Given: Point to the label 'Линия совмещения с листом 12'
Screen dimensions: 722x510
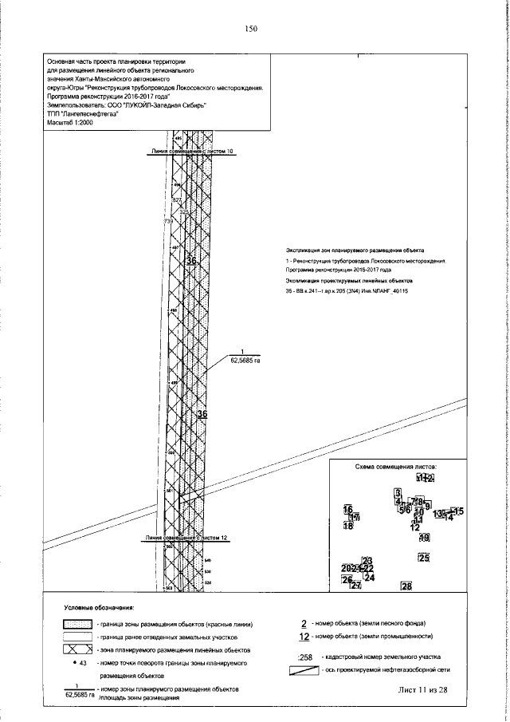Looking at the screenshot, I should [x=186, y=539].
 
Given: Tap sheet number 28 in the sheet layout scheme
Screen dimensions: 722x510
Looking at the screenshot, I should [x=406, y=587].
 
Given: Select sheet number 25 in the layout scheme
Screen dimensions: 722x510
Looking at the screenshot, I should [x=423, y=558].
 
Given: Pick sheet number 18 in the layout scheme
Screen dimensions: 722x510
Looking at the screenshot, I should [x=348, y=526].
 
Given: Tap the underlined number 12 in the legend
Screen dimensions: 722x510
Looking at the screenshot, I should [x=304, y=637].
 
